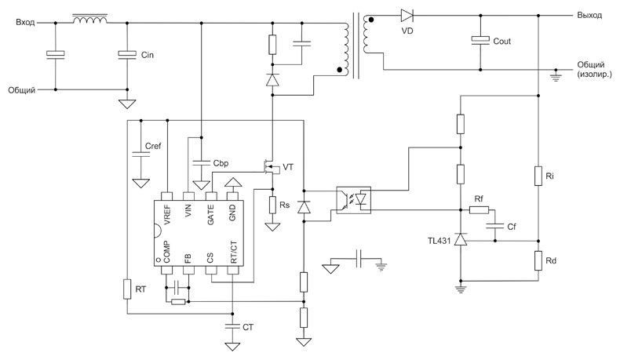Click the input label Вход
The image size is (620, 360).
point(25,22)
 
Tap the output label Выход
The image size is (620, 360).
point(589,15)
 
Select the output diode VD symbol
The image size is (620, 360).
point(407,16)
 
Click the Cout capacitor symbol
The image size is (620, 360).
point(480,40)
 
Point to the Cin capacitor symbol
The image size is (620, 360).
point(127,55)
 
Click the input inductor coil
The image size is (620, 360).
point(89,20)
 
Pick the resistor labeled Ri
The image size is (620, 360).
point(538,176)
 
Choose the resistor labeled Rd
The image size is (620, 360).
point(538,261)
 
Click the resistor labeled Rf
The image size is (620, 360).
point(480,210)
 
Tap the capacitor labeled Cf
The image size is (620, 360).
point(495,227)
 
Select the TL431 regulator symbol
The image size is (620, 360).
point(460,239)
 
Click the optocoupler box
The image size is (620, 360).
point(353,200)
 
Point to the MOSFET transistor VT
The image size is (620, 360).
point(270,168)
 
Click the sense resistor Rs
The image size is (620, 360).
point(272,205)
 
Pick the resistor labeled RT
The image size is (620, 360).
point(127,289)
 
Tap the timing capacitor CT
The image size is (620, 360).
point(232,326)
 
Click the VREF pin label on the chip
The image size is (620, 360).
point(167,215)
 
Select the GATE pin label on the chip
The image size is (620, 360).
point(211,215)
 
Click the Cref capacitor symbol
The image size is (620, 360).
point(140,154)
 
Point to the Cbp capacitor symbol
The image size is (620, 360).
point(201,163)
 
